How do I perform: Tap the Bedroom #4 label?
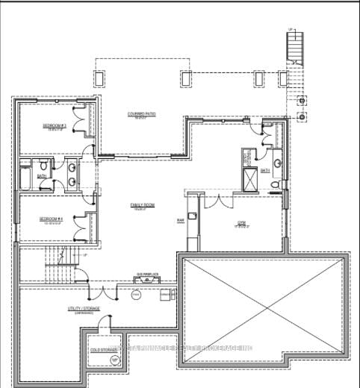pyautogui.click(x=55, y=219)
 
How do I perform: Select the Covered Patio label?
pyautogui.click(x=140, y=113)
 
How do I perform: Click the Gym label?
pyautogui.click(x=242, y=222)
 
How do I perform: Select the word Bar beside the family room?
pyautogui.click(x=180, y=221)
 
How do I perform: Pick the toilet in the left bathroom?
pyautogui.click(x=44, y=166)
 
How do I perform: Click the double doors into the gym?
pyautogui.click(x=217, y=201)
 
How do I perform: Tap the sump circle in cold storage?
pyautogui.click(x=115, y=360)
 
